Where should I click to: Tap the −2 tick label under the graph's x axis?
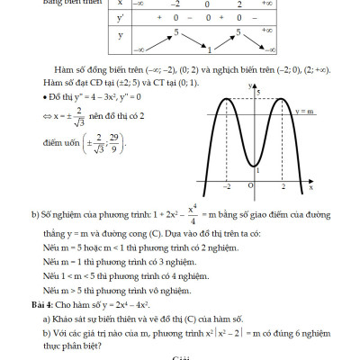(227, 185)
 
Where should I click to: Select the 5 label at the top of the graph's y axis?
(259, 93)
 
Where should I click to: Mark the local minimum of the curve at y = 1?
(256, 167)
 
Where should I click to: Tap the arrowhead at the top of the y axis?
(256, 83)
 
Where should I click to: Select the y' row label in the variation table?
(120, 16)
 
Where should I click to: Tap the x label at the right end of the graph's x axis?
(310, 187)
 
